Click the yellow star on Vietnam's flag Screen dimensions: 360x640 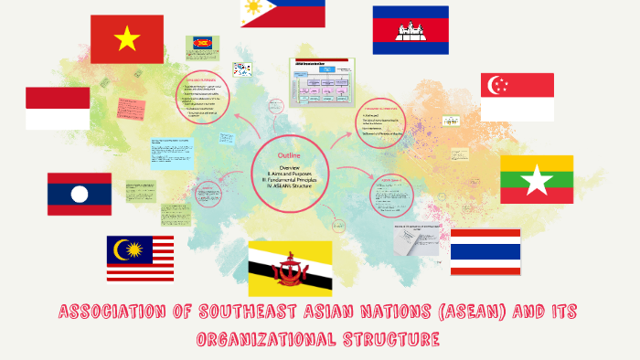(x=127, y=38)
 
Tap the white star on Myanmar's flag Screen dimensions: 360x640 (x=537, y=180)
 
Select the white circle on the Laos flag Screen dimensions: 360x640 (x=80, y=194)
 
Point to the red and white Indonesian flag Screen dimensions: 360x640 (x=58, y=108)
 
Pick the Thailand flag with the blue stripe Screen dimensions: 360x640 (x=485, y=251)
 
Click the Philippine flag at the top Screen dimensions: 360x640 (x=283, y=12)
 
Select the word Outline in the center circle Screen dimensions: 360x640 (x=289, y=155)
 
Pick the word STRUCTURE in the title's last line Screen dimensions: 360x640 (x=394, y=339)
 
